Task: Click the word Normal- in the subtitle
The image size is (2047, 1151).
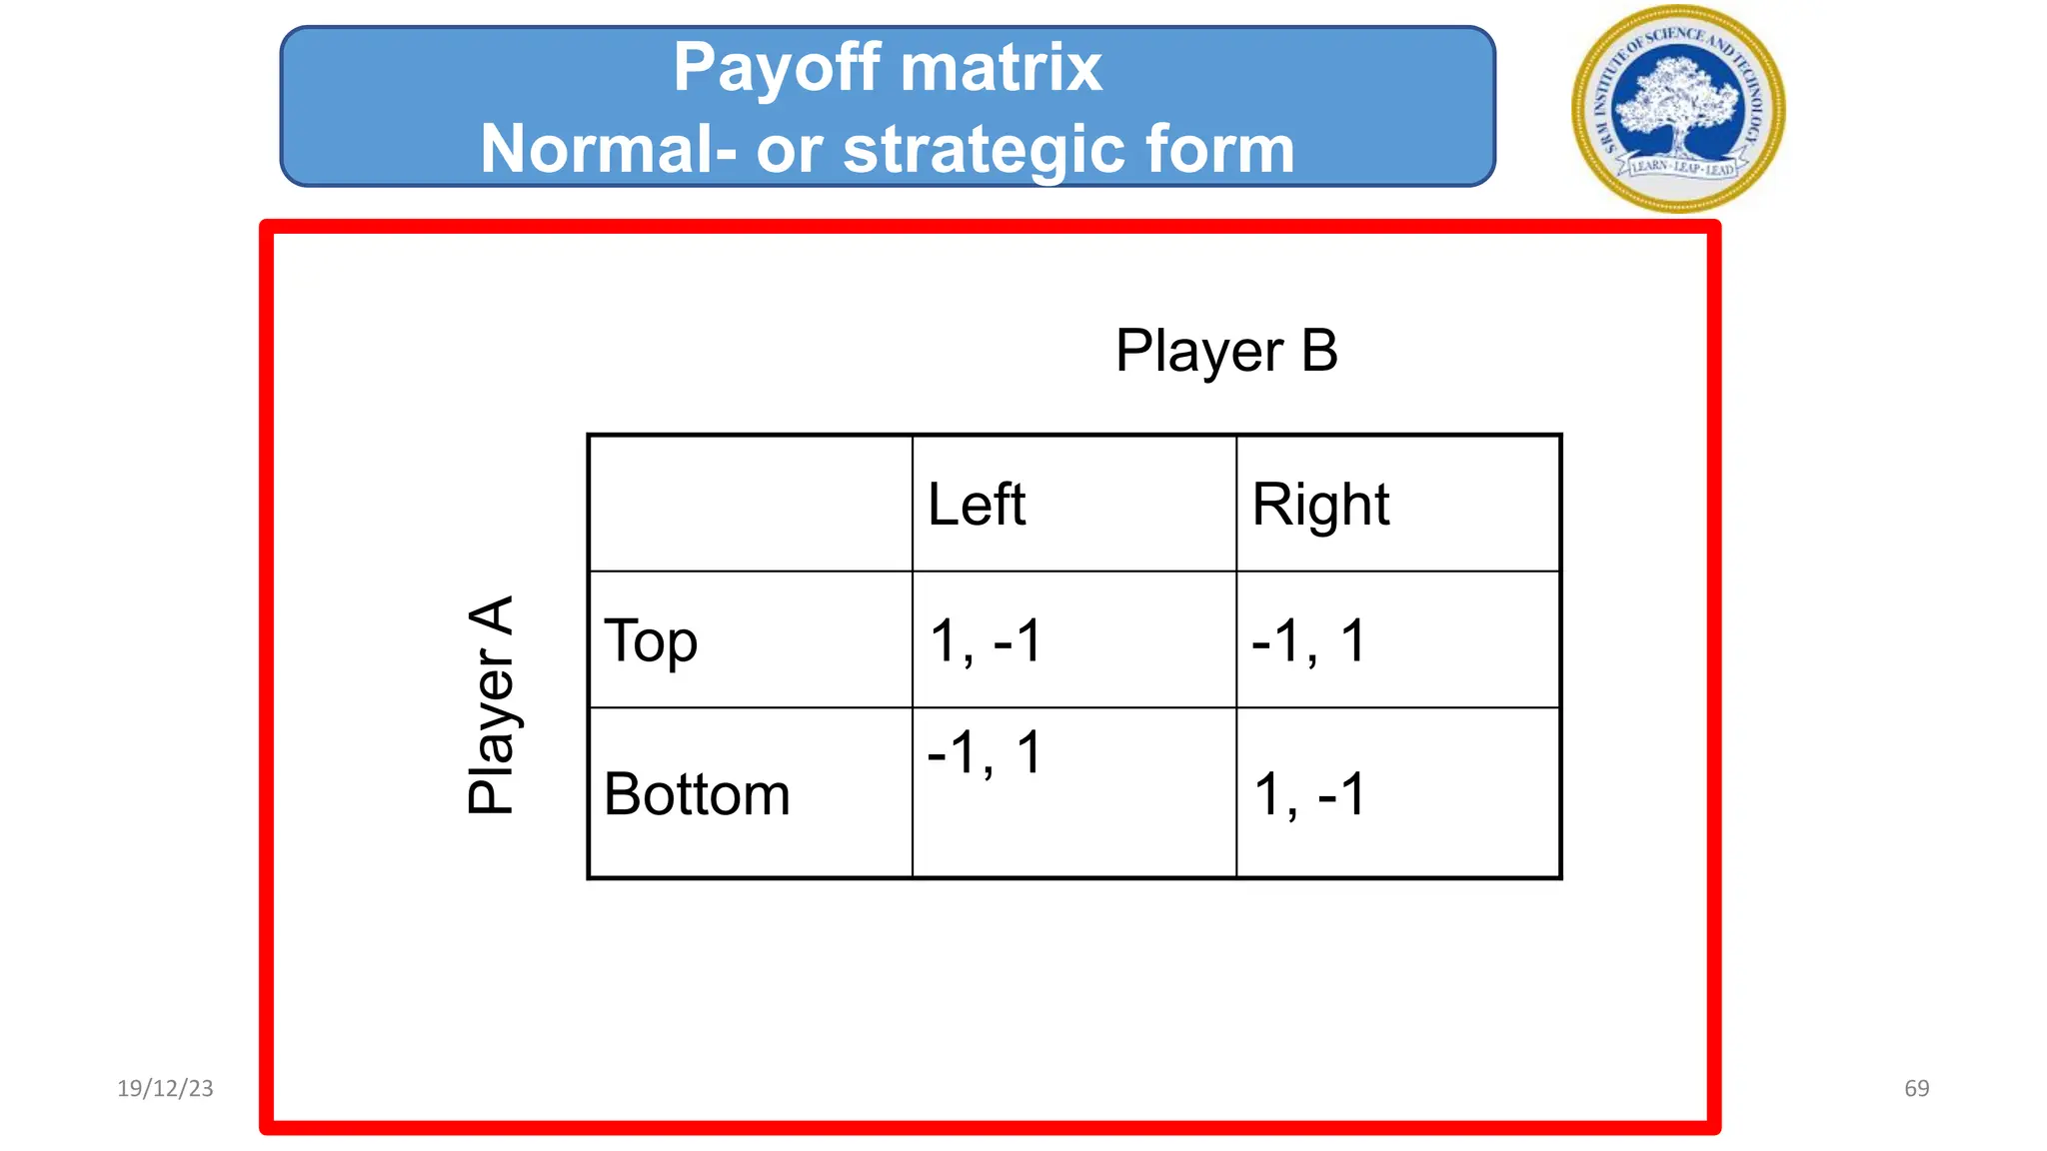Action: [x=608, y=150]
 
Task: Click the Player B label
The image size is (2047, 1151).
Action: [x=1226, y=351]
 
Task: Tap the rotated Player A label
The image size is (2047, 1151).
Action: [x=491, y=705]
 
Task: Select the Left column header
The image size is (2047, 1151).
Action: [x=977, y=504]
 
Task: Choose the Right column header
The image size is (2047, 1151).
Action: [x=1320, y=504]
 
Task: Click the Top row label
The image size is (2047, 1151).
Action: [x=651, y=640]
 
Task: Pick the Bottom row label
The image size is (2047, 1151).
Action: [x=697, y=794]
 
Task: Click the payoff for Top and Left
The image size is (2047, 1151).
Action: [x=986, y=640]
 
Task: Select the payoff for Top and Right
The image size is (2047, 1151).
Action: [x=1308, y=640]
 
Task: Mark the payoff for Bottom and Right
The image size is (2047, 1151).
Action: [x=1309, y=794]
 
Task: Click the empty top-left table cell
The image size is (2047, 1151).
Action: [x=751, y=504]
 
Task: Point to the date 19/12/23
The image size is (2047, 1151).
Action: [x=165, y=1088]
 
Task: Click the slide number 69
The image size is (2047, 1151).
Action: [x=1916, y=1088]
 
